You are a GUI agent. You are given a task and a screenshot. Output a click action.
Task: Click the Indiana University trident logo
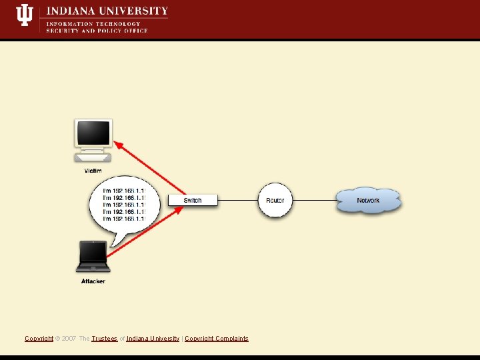point(25,15)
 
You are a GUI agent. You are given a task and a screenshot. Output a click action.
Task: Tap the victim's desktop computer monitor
point(93,134)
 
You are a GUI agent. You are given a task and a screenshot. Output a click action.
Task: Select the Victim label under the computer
point(93,171)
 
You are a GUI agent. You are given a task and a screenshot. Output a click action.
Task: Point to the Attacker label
point(93,281)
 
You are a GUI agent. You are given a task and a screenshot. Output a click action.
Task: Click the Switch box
point(193,200)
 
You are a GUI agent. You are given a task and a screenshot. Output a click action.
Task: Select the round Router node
point(275,200)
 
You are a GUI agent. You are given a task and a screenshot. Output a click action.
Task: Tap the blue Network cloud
point(368,200)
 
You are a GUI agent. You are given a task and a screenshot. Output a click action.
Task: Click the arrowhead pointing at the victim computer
point(118,143)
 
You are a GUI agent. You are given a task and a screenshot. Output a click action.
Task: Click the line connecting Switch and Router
point(239,200)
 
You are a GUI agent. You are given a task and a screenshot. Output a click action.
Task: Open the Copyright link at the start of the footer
point(39,339)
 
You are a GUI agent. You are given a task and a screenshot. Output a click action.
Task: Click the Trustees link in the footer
point(105,339)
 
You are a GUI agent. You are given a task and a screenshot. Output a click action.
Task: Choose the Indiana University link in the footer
point(153,339)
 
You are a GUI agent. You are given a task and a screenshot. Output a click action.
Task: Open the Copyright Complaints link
point(217,339)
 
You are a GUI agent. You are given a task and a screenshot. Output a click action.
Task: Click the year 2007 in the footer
point(69,339)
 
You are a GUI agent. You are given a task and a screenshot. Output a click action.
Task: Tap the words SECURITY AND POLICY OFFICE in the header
point(97,31)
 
